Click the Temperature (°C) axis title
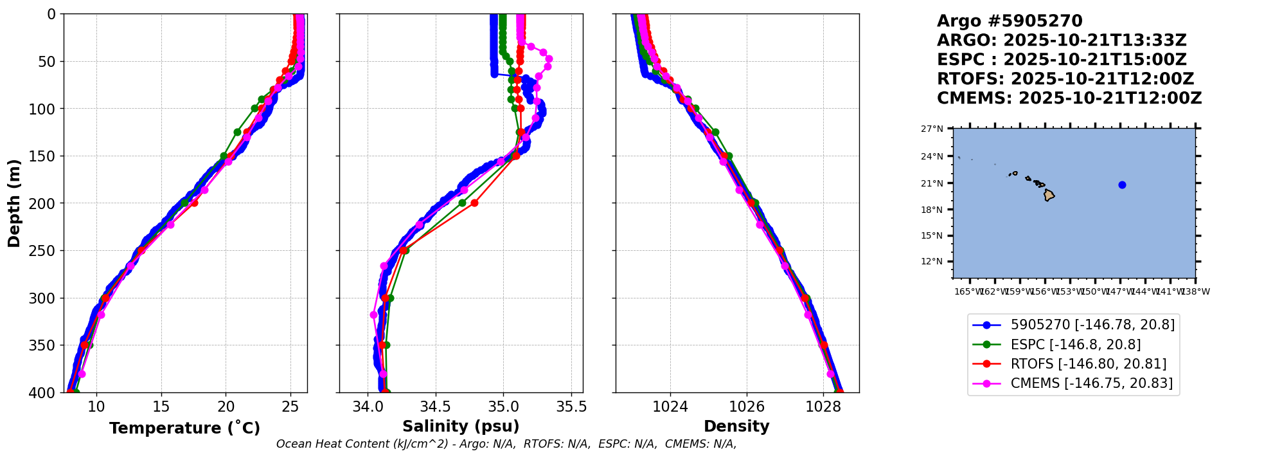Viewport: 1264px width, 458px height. point(184,428)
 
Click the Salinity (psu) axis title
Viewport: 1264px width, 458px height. point(461,426)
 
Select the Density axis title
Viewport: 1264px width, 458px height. point(736,426)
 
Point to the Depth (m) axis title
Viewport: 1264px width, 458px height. point(14,203)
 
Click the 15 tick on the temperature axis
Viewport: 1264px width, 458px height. point(161,407)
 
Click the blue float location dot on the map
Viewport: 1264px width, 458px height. point(1122,185)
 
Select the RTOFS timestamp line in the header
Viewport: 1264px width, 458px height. point(1065,79)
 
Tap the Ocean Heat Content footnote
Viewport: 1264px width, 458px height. point(506,444)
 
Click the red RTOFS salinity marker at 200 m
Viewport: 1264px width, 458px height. point(474,203)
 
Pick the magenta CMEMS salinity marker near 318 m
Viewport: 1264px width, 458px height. point(373,315)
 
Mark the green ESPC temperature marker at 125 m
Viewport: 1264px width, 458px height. point(237,132)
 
